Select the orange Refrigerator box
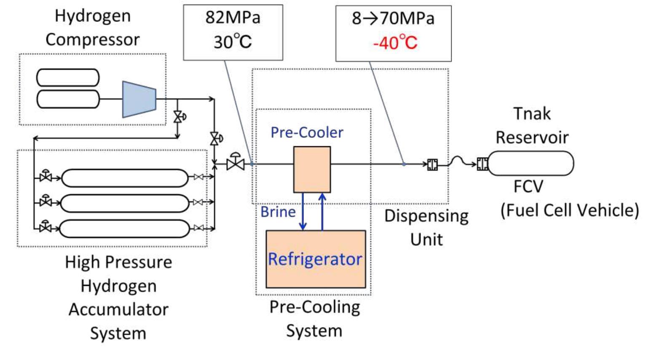(315, 259)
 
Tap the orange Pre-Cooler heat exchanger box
(312, 169)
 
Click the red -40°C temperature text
(395, 43)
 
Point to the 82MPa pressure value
(233, 18)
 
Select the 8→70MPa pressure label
(393, 19)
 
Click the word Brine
(278, 212)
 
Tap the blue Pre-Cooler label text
(306, 132)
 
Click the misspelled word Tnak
(532, 114)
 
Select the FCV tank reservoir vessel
(531, 163)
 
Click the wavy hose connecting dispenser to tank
(461, 161)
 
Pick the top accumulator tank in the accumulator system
(125, 178)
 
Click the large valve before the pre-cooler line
(236, 163)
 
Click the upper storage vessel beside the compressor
(68, 78)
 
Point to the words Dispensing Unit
(426, 227)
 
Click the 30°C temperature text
(233, 42)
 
